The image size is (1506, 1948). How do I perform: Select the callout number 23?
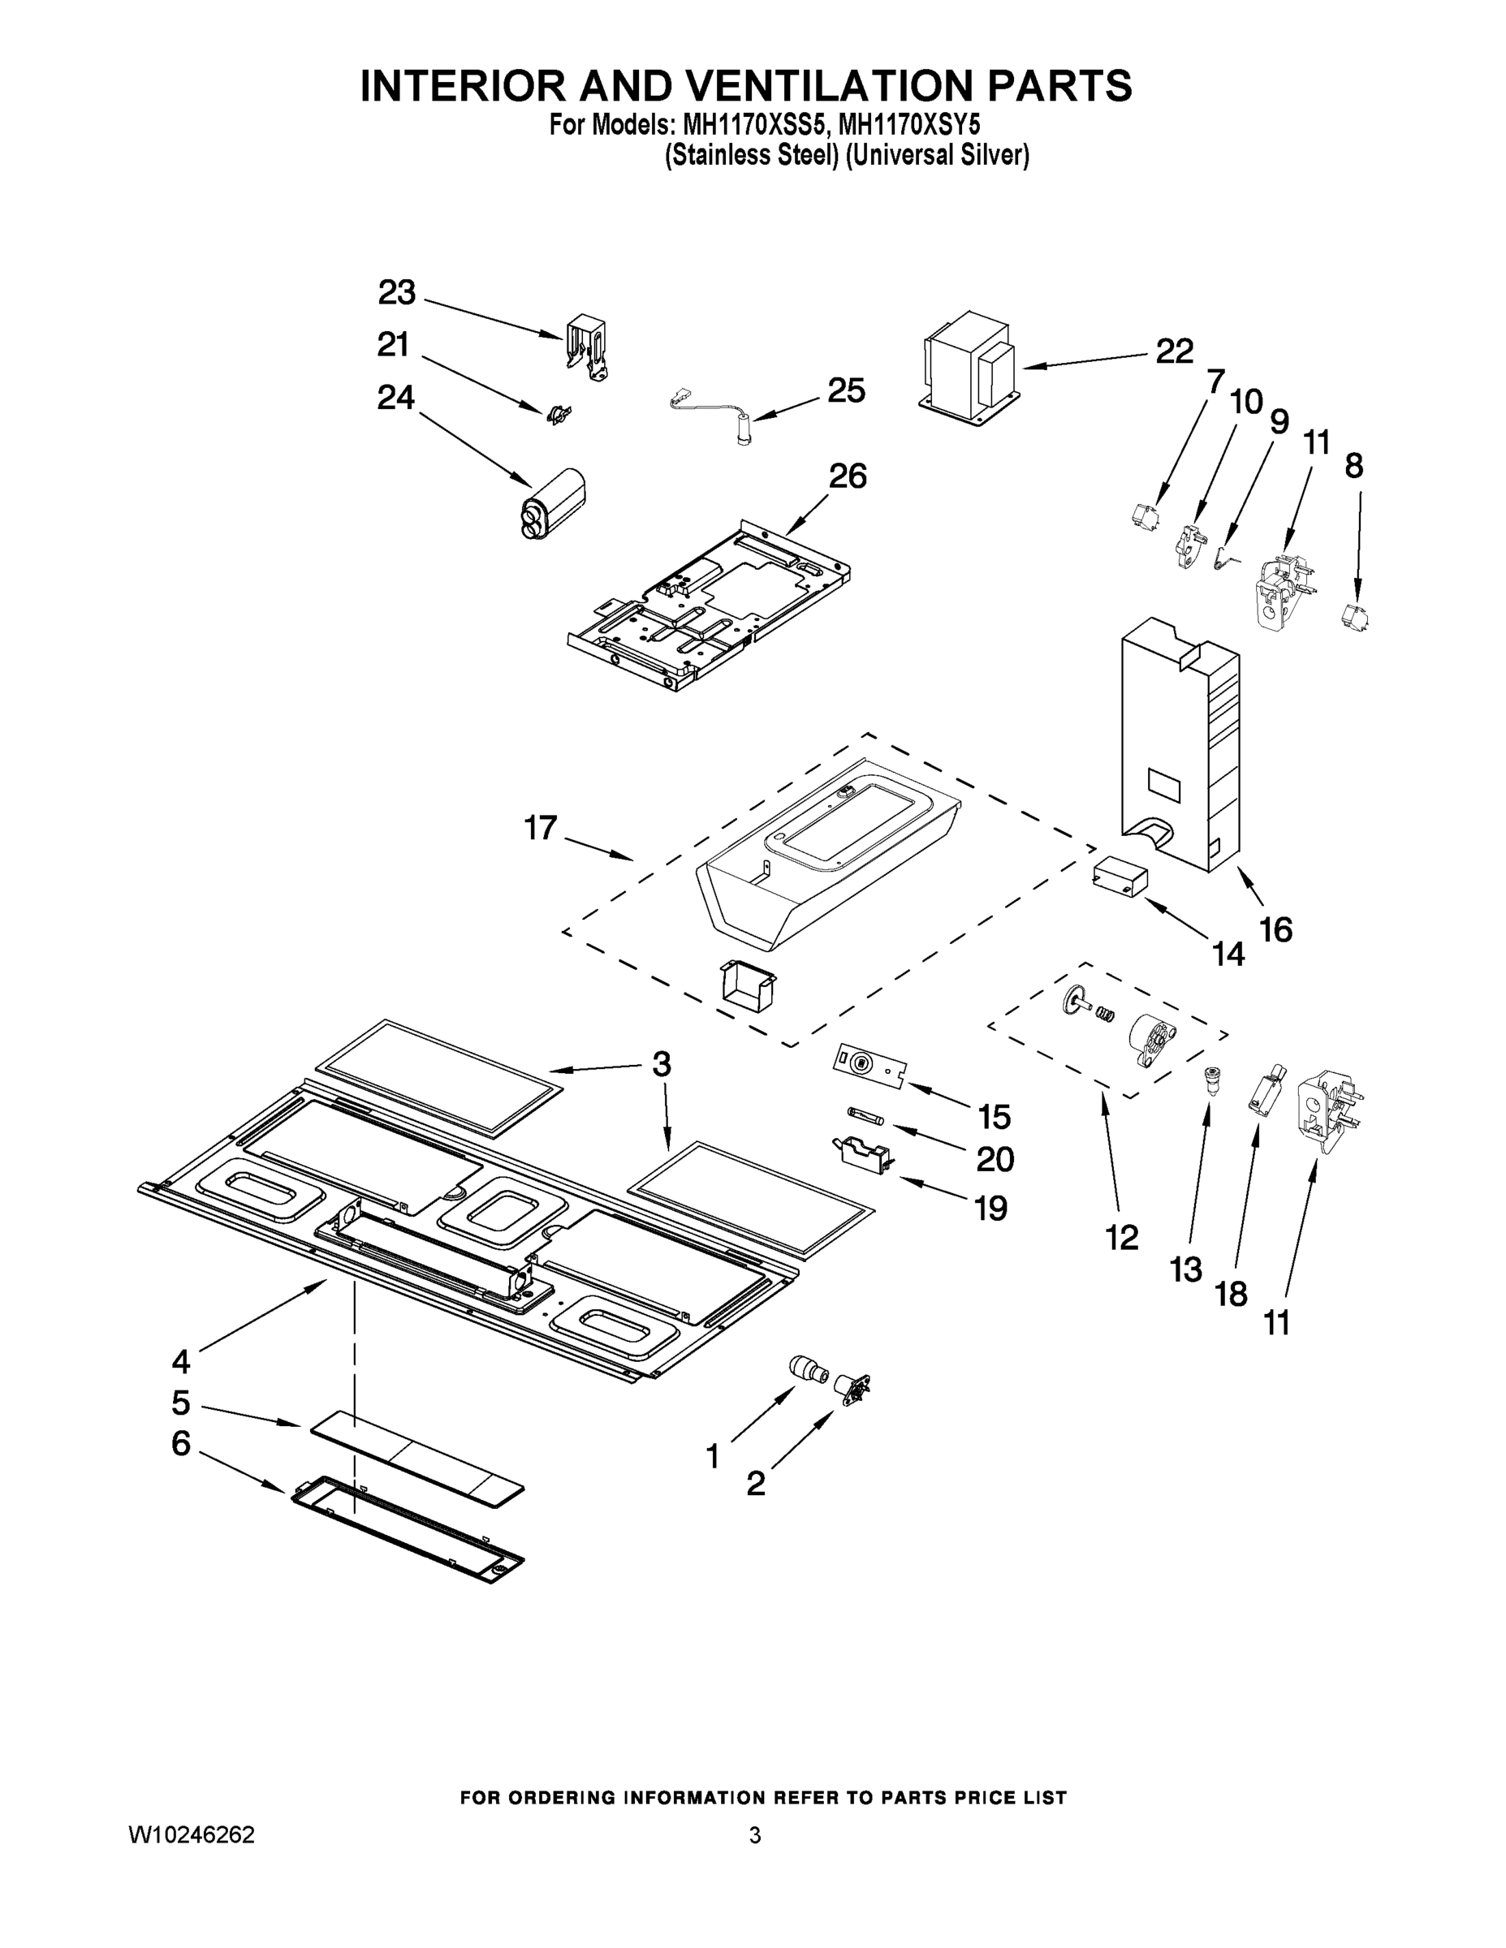[x=397, y=292]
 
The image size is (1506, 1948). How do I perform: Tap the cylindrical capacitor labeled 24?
[x=553, y=505]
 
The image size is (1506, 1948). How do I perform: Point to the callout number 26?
[x=848, y=476]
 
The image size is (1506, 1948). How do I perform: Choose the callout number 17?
[x=541, y=829]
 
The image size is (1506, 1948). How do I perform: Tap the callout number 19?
[x=991, y=1209]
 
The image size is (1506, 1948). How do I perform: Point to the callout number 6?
[x=181, y=1442]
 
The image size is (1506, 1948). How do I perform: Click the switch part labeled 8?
[x=1355, y=614]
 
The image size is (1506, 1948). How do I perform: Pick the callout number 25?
[x=846, y=390]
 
